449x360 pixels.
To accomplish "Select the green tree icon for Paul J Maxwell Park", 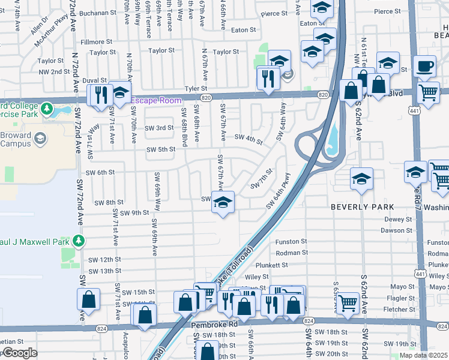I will pyautogui.click(x=78, y=241).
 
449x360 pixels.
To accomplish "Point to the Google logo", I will pyautogui.click(x=20, y=353).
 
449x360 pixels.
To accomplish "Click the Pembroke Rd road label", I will pyautogui.click(x=215, y=324).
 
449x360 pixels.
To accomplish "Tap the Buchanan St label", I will pyautogui.click(x=97, y=12).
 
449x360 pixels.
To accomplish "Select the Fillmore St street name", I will pyautogui.click(x=97, y=42).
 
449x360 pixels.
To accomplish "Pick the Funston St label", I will pyautogui.click(x=291, y=242).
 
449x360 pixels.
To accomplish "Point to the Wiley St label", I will pyautogui.click(x=256, y=277).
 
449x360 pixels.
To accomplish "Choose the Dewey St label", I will pyautogui.click(x=397, y=220).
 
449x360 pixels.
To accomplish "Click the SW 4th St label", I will pyautogui.click(x=249, y=140).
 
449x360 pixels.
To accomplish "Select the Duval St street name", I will pyautogui.click(x=94, y=80).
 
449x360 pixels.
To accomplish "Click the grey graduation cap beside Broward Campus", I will pyautogui.click(x=40, y=139).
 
